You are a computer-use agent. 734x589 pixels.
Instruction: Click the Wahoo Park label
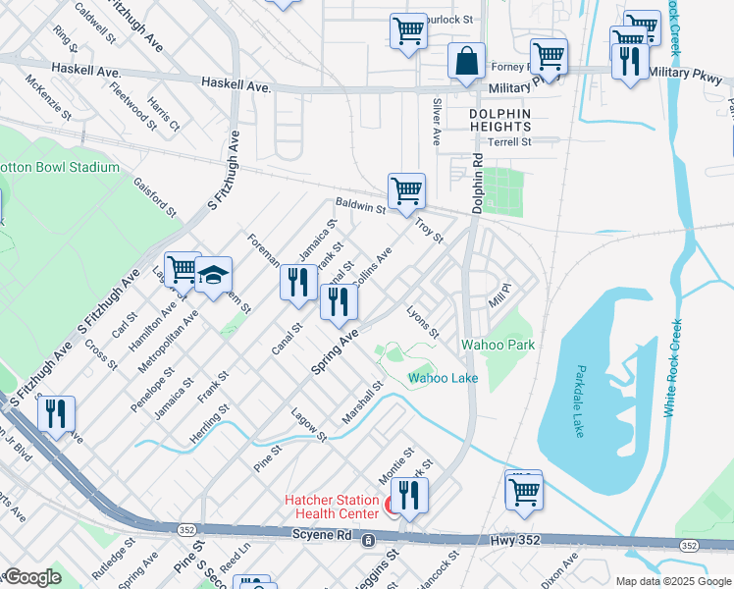pos(498,345)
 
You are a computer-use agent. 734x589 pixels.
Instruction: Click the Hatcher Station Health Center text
pos(331,507)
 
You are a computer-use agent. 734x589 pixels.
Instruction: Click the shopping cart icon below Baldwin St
pos(406,190)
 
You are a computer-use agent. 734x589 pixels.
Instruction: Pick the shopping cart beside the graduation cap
pos(182,269)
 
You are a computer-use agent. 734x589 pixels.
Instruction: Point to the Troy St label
pos(430,232)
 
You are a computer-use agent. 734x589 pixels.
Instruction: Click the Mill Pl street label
pos(499,294)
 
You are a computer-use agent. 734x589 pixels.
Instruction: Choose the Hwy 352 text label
pos(510,541)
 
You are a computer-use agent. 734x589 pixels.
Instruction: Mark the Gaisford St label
pos(155,196)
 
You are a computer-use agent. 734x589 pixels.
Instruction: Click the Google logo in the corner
pos(32,577)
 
